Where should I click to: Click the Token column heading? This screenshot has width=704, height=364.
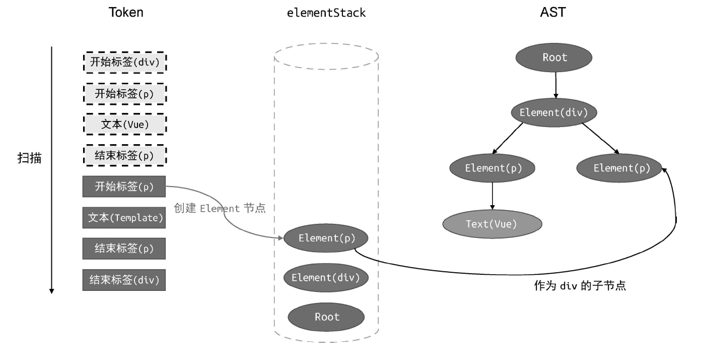pos(126,13)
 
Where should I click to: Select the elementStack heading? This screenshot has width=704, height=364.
pos(326,13)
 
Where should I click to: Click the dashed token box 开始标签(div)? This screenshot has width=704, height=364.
pos(124,63)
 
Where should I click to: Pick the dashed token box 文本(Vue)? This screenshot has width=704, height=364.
pos(124,124)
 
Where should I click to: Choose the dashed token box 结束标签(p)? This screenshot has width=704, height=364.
pos(124,156)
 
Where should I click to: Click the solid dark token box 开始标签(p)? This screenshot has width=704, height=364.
pos(124,187)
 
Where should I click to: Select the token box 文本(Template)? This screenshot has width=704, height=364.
pos(124,218)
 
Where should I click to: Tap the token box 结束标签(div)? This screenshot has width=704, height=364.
pos(124,280)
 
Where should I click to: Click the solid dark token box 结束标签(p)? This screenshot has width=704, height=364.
pos(124,249)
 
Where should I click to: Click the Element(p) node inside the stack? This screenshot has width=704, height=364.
pos(326,238)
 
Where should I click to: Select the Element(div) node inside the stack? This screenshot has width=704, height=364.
pos(326,277)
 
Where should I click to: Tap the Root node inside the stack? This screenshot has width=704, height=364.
pos(326,317)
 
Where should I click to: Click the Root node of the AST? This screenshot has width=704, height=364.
pos(555,57)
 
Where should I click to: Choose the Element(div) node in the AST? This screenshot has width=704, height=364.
pos(553,112)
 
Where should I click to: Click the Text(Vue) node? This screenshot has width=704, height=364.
pos(491,224)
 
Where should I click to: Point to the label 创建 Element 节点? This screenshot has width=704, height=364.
pos(220,208)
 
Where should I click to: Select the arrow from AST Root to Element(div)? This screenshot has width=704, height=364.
pos(555,84)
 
